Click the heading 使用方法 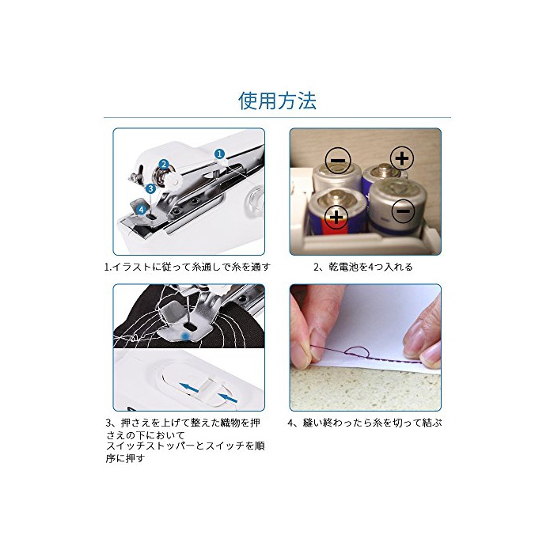277,101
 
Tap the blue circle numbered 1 220,154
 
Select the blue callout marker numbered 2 163,164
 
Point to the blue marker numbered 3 151,188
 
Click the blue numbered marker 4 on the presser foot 142,210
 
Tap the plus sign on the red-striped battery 336,217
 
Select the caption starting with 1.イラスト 188,267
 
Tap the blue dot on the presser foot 184,335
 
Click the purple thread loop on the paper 357,352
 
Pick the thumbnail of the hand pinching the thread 366,347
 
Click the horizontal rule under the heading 277,117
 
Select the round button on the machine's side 256,201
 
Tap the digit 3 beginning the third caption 108,423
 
